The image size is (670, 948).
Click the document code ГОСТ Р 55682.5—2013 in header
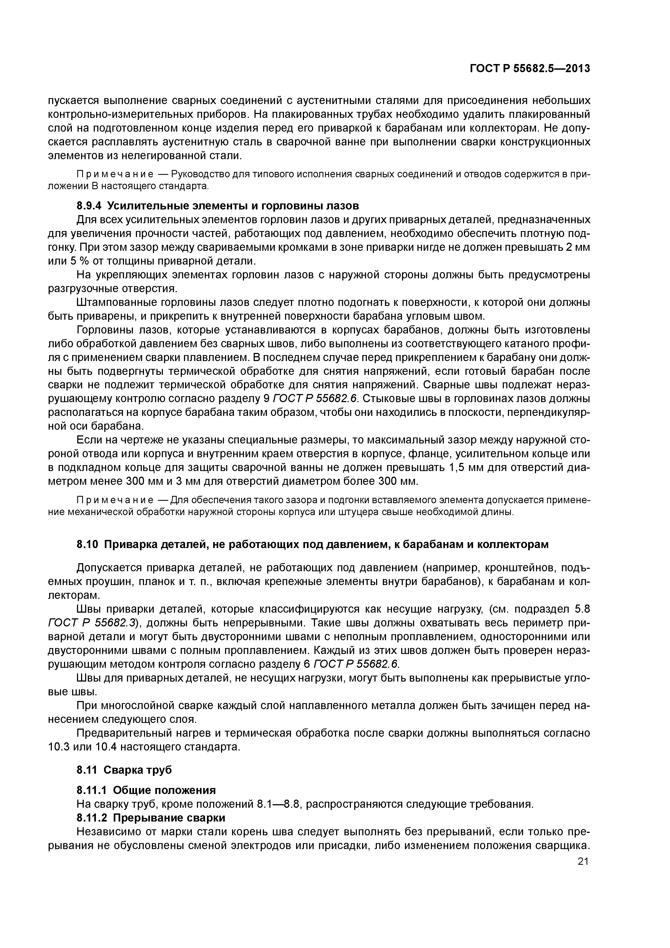point(530,69)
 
